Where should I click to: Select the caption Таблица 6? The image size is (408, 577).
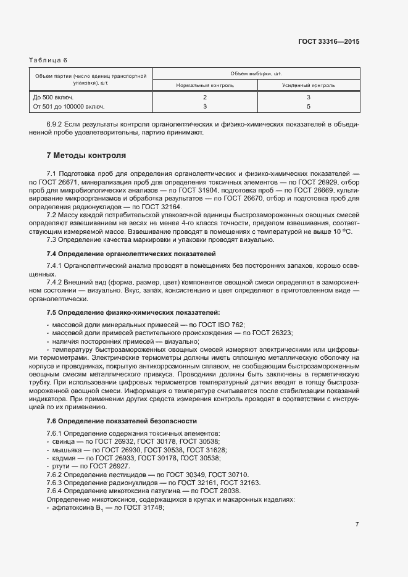tap(48, 60)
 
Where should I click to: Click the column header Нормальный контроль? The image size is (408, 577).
tap(205, 85)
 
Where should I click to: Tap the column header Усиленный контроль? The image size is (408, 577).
tap(308, 85)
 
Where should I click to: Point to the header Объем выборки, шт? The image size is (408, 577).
tap(256, 73)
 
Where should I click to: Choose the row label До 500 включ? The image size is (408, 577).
tap(52, 98)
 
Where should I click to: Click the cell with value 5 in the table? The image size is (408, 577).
tap(308, 107)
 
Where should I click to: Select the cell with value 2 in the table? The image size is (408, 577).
tap(205, 98)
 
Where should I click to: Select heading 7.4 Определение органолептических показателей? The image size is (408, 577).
tap(130, 254)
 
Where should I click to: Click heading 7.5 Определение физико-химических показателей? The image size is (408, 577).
tap(133, 313)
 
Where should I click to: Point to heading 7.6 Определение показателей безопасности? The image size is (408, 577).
tap(122, 421)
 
